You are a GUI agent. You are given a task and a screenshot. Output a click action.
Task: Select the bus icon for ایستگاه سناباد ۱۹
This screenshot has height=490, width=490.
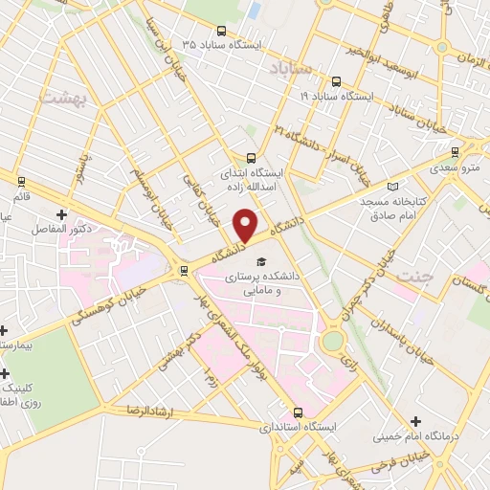[336, 82]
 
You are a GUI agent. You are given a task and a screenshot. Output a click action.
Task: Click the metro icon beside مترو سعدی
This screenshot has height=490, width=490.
[455, 150]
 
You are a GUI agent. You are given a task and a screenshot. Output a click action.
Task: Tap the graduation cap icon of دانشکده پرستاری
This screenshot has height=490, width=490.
[259, 261]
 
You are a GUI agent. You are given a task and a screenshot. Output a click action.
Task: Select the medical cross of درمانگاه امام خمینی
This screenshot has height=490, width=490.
[414, 421]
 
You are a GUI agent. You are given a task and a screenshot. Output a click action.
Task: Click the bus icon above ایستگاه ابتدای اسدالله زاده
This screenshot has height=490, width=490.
[251, 159]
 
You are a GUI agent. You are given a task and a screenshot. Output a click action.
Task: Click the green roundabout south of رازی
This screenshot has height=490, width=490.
[332, 341]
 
